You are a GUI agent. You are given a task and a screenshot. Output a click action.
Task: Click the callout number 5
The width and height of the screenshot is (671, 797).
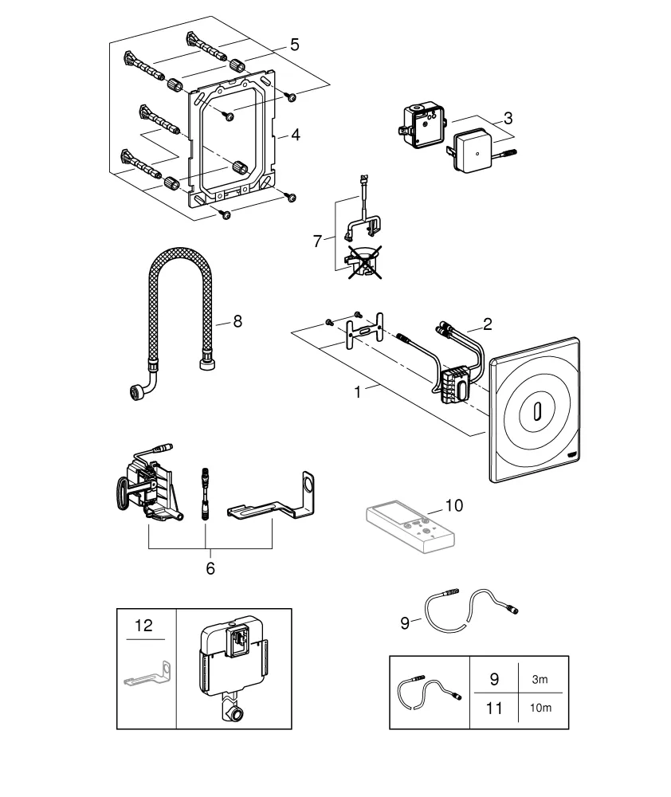295,45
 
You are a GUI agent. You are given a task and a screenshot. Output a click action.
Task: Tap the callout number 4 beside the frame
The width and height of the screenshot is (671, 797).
295,135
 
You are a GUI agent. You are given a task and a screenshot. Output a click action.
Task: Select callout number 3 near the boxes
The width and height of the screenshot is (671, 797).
508,118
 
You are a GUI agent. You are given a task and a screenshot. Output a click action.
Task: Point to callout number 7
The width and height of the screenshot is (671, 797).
316,240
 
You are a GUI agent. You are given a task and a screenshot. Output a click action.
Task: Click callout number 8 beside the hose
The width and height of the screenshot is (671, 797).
237,321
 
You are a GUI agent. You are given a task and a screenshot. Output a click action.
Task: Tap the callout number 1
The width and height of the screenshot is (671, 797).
358,392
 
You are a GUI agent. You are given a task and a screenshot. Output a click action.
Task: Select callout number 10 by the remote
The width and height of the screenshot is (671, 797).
453,505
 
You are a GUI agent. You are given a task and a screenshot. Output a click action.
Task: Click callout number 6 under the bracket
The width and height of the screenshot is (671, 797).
210,568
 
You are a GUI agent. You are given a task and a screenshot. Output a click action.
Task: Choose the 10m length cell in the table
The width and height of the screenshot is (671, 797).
540,709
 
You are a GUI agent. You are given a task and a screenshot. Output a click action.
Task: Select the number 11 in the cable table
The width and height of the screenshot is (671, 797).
494,709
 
